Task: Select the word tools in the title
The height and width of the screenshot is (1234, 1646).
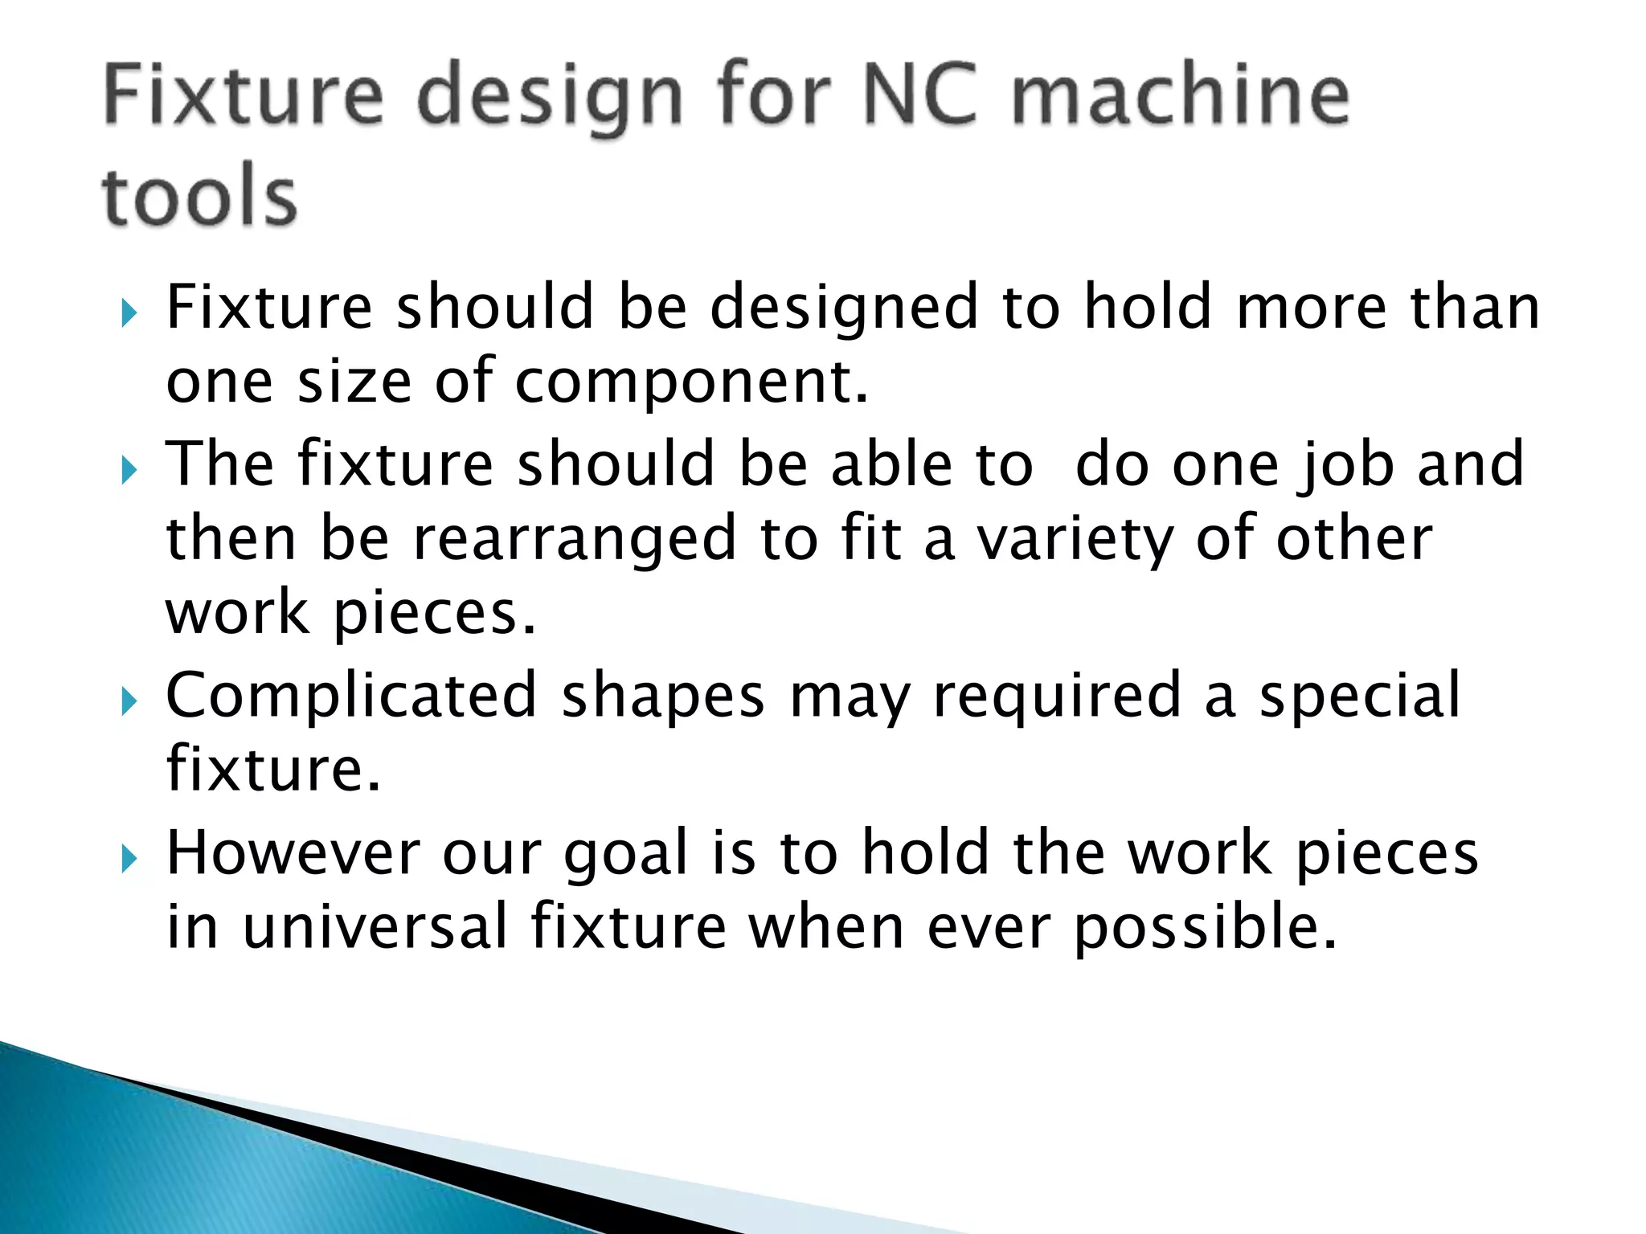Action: click(x=199, y=197)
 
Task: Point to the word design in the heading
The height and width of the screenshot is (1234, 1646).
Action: click(x=551, y=100)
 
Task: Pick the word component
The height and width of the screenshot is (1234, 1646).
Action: click(x=691, y=382)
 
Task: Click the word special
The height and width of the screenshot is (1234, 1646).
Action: click(x=1359, y=696)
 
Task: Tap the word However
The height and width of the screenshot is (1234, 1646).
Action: click(x=293, y=853)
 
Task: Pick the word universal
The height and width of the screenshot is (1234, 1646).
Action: click(x=375, y=927)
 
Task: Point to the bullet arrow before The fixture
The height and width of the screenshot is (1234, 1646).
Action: click(x=130, y=471)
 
